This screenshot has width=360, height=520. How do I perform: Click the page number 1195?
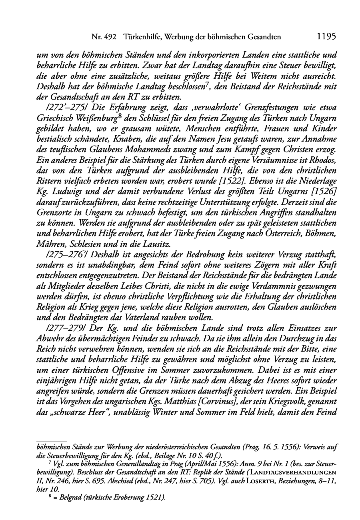(x=326, y=36)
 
